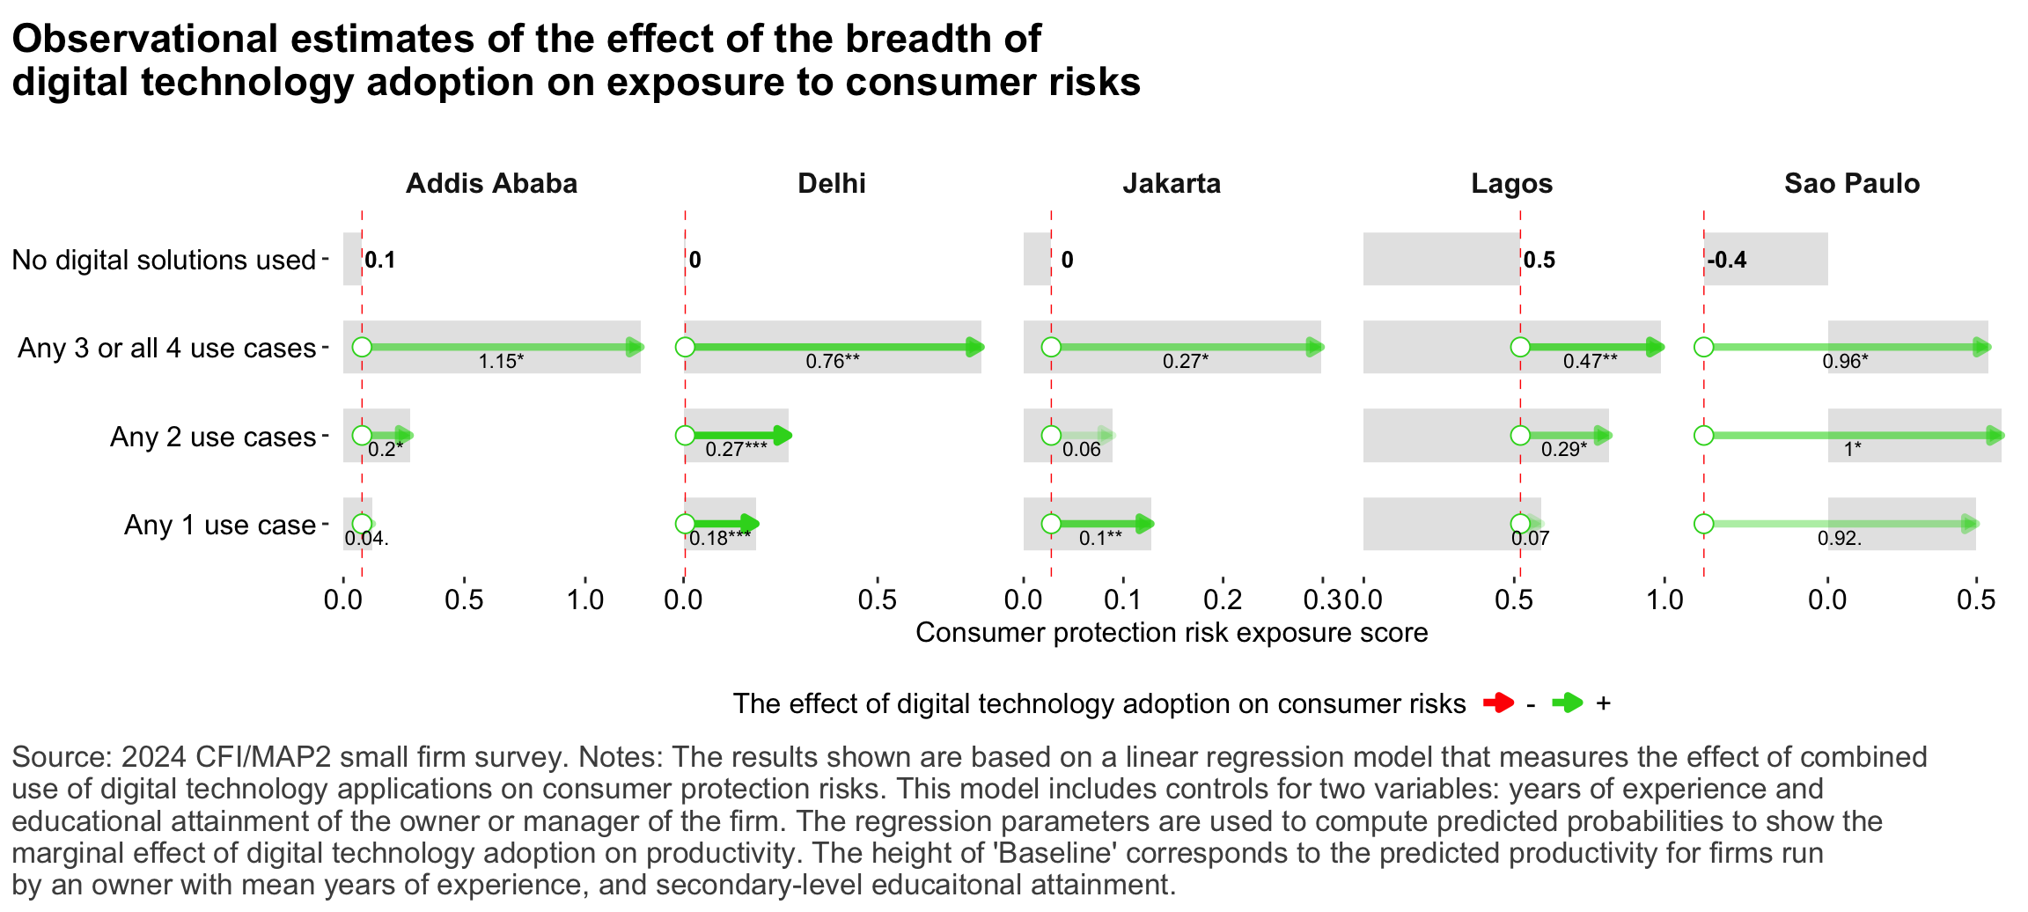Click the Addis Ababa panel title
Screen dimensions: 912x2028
[x=491, y=183]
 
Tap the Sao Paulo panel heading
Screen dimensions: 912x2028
[x=1851, y=183]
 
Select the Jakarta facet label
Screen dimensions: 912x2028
[x=1171, y=183]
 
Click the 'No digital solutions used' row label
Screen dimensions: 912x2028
[x=164, y=260]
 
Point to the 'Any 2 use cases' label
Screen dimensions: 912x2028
[x=212, y=437]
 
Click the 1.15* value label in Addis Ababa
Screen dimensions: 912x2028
[x=501, y=361]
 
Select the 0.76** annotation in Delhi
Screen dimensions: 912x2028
[x=833, y=361]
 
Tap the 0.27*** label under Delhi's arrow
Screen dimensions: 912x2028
[x=736, y=449]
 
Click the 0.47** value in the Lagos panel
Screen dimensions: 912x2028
[x=1590, y=361]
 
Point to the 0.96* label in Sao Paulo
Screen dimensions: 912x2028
[x=1845, y=361]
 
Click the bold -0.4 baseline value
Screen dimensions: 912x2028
[x=1727, y=260]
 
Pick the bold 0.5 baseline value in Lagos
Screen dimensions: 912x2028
[x=1539, y=260]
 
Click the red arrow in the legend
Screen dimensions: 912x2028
[x=1498, y=702]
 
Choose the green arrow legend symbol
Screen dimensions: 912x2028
[x=1567, y=702]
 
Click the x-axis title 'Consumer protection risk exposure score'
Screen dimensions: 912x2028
[x=1171, y=632]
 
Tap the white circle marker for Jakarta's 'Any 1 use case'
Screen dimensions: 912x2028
[x=1051, y=524]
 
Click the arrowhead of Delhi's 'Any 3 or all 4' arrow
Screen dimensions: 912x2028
[x=974, y=347]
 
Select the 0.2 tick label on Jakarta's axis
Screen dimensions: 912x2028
[x=1222, y=600]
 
